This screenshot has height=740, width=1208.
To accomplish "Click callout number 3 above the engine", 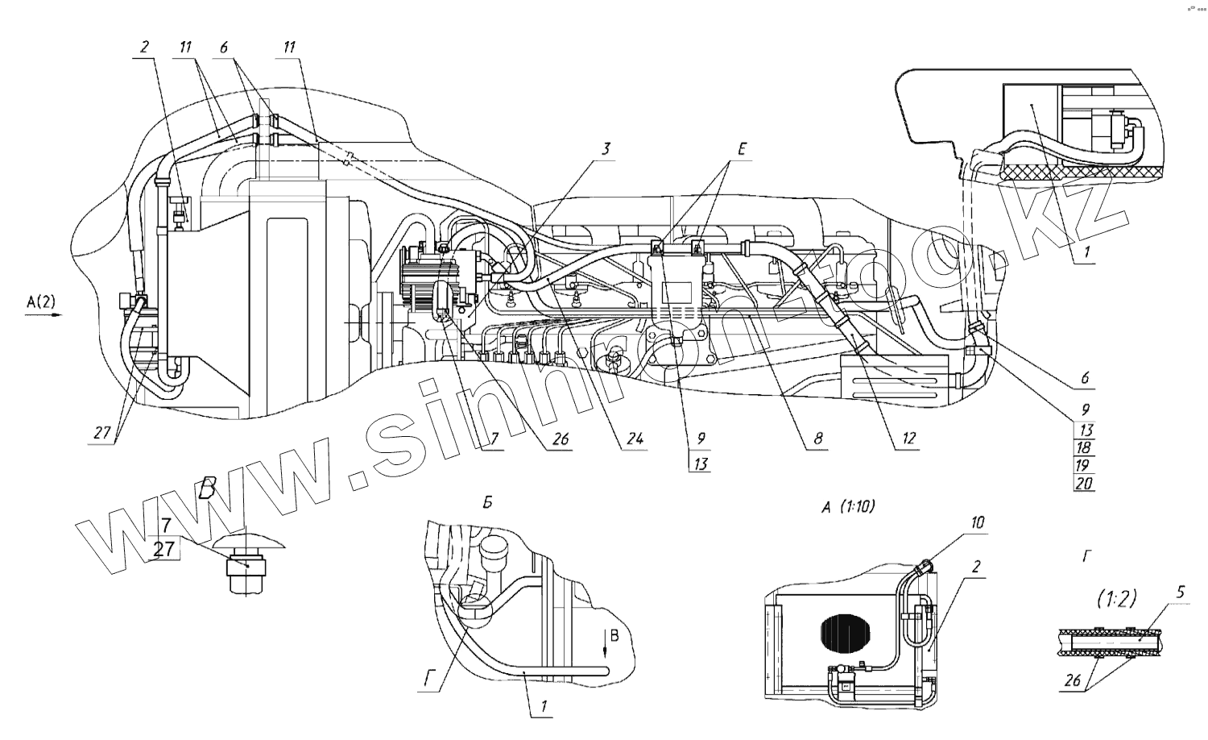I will click(606, 148).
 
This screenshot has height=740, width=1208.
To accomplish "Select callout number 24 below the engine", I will click(635, 439).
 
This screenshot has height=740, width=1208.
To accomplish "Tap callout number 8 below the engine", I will click(818, 439).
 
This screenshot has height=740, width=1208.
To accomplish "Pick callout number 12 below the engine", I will click(908, 439).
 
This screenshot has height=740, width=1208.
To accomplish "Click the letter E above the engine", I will click(741, 149).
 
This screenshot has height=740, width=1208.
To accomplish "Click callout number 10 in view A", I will click(977, 523).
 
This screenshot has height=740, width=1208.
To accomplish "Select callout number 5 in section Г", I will click(1180, 592).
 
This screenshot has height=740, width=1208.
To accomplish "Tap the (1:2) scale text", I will click(1116, 599).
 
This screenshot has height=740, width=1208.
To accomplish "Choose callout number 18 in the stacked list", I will click(1085, 447).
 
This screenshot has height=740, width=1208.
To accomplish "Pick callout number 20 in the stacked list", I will click(1085, 484).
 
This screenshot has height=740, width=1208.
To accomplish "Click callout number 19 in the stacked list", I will click(1085, 465).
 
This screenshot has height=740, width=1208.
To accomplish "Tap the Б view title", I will click(487, 503).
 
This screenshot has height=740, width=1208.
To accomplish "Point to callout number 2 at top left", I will click(144, 48).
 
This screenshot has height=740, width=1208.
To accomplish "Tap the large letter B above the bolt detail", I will click(209, 488).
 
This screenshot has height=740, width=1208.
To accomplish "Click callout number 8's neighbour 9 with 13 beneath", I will click(701, 439).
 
